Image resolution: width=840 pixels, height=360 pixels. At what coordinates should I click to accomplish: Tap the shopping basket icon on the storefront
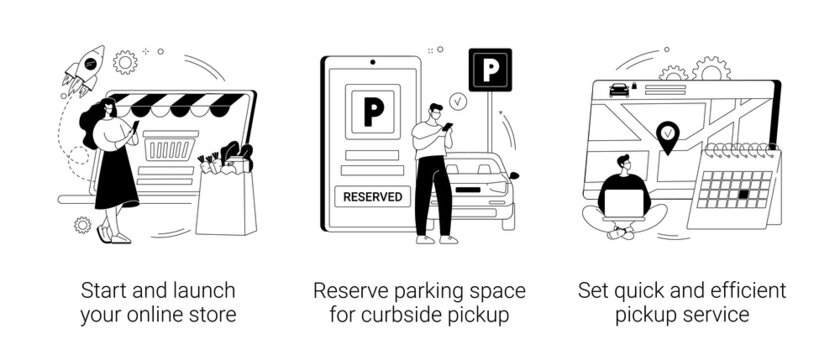click(x=170, y=146)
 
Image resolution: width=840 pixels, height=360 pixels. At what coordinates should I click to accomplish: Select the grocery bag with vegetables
click(x=226, y=194)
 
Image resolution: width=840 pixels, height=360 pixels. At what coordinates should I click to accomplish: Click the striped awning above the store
click(x=177, y=105)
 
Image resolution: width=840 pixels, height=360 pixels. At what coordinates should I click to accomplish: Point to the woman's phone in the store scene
click(x=135, y=127)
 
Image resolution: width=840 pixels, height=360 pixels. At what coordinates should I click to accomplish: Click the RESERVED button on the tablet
click(x=372, y=197)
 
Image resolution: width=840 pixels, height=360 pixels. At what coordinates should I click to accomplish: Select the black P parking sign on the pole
click(x=490, y=70)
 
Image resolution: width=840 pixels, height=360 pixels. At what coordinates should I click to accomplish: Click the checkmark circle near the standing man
click(x=458, y=101)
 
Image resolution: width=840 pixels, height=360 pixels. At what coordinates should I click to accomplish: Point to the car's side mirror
click(x=514, y=175)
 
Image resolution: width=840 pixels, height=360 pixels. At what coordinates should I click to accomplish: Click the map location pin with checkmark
click(x=667, y=137)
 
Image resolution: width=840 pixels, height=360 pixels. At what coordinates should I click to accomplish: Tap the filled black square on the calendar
click(x=743, y=195)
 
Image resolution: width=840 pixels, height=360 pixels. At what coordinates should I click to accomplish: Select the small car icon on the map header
click(x=619, y=90)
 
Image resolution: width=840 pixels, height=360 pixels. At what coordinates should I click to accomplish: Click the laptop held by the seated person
click(x=623, y=205)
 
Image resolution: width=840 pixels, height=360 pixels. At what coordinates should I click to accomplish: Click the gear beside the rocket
click(x=125, y=62)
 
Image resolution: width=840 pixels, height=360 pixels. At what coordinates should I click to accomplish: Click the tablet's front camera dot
click(x=372, y=62)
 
